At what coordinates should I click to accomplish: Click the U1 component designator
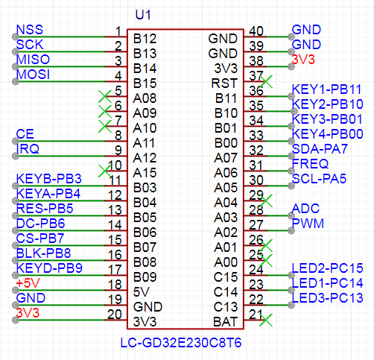(x=143, y=15)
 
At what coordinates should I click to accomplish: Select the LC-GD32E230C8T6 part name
(x=181, y=343)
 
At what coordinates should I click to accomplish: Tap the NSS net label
(x=30, y=30)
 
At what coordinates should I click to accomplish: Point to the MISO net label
(x=33, y=60)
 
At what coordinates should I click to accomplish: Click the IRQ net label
(x=28, y=149)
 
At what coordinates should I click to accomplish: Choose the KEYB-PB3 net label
(x=49, y=179)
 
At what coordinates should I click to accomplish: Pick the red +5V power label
(x=28, y=283)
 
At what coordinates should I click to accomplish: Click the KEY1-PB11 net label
(x=326, y=89)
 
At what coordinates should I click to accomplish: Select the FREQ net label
(x=310, y=164)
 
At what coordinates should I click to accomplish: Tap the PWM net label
(x=308, y=224)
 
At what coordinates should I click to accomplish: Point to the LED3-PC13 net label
(x=328, y=298)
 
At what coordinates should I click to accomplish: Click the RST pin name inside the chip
(x=224, y=83)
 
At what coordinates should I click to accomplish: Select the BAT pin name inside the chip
(x=225, y=322)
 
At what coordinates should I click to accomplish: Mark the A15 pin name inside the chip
(x=145, y=173)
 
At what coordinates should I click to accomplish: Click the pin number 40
(x=256, y=31)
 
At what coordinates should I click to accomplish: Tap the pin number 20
(x=115, y=315)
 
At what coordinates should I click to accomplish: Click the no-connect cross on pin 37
(x=266, y=81)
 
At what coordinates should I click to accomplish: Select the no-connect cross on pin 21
(x=266, y=320)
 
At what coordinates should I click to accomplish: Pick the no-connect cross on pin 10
(x=105, y=171)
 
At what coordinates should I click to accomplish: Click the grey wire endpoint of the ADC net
(x=291, y=215)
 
